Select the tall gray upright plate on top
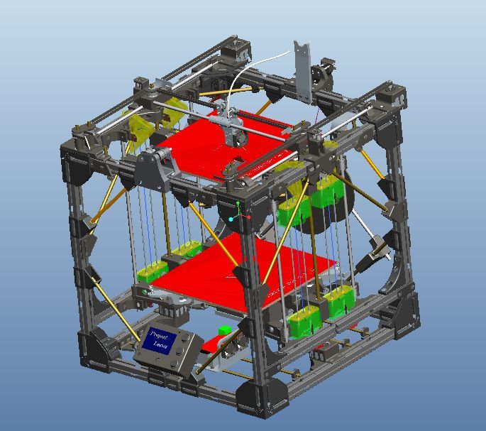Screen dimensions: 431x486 304,72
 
